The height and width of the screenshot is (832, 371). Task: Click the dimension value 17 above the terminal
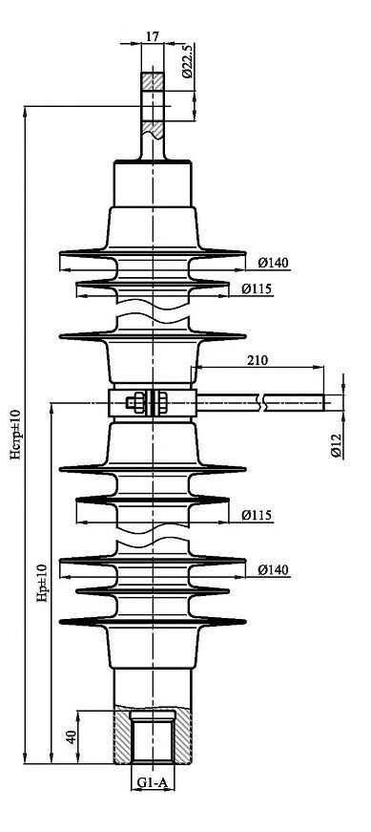(x=152, y=36)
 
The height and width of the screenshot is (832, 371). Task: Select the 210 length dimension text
(x=258, y=360)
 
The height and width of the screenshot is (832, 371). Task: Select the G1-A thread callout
(x=152, y=782)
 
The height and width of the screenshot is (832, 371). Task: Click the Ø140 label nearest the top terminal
(x=274, y=262)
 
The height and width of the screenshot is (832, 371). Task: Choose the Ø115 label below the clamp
(x=258, y=515)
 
